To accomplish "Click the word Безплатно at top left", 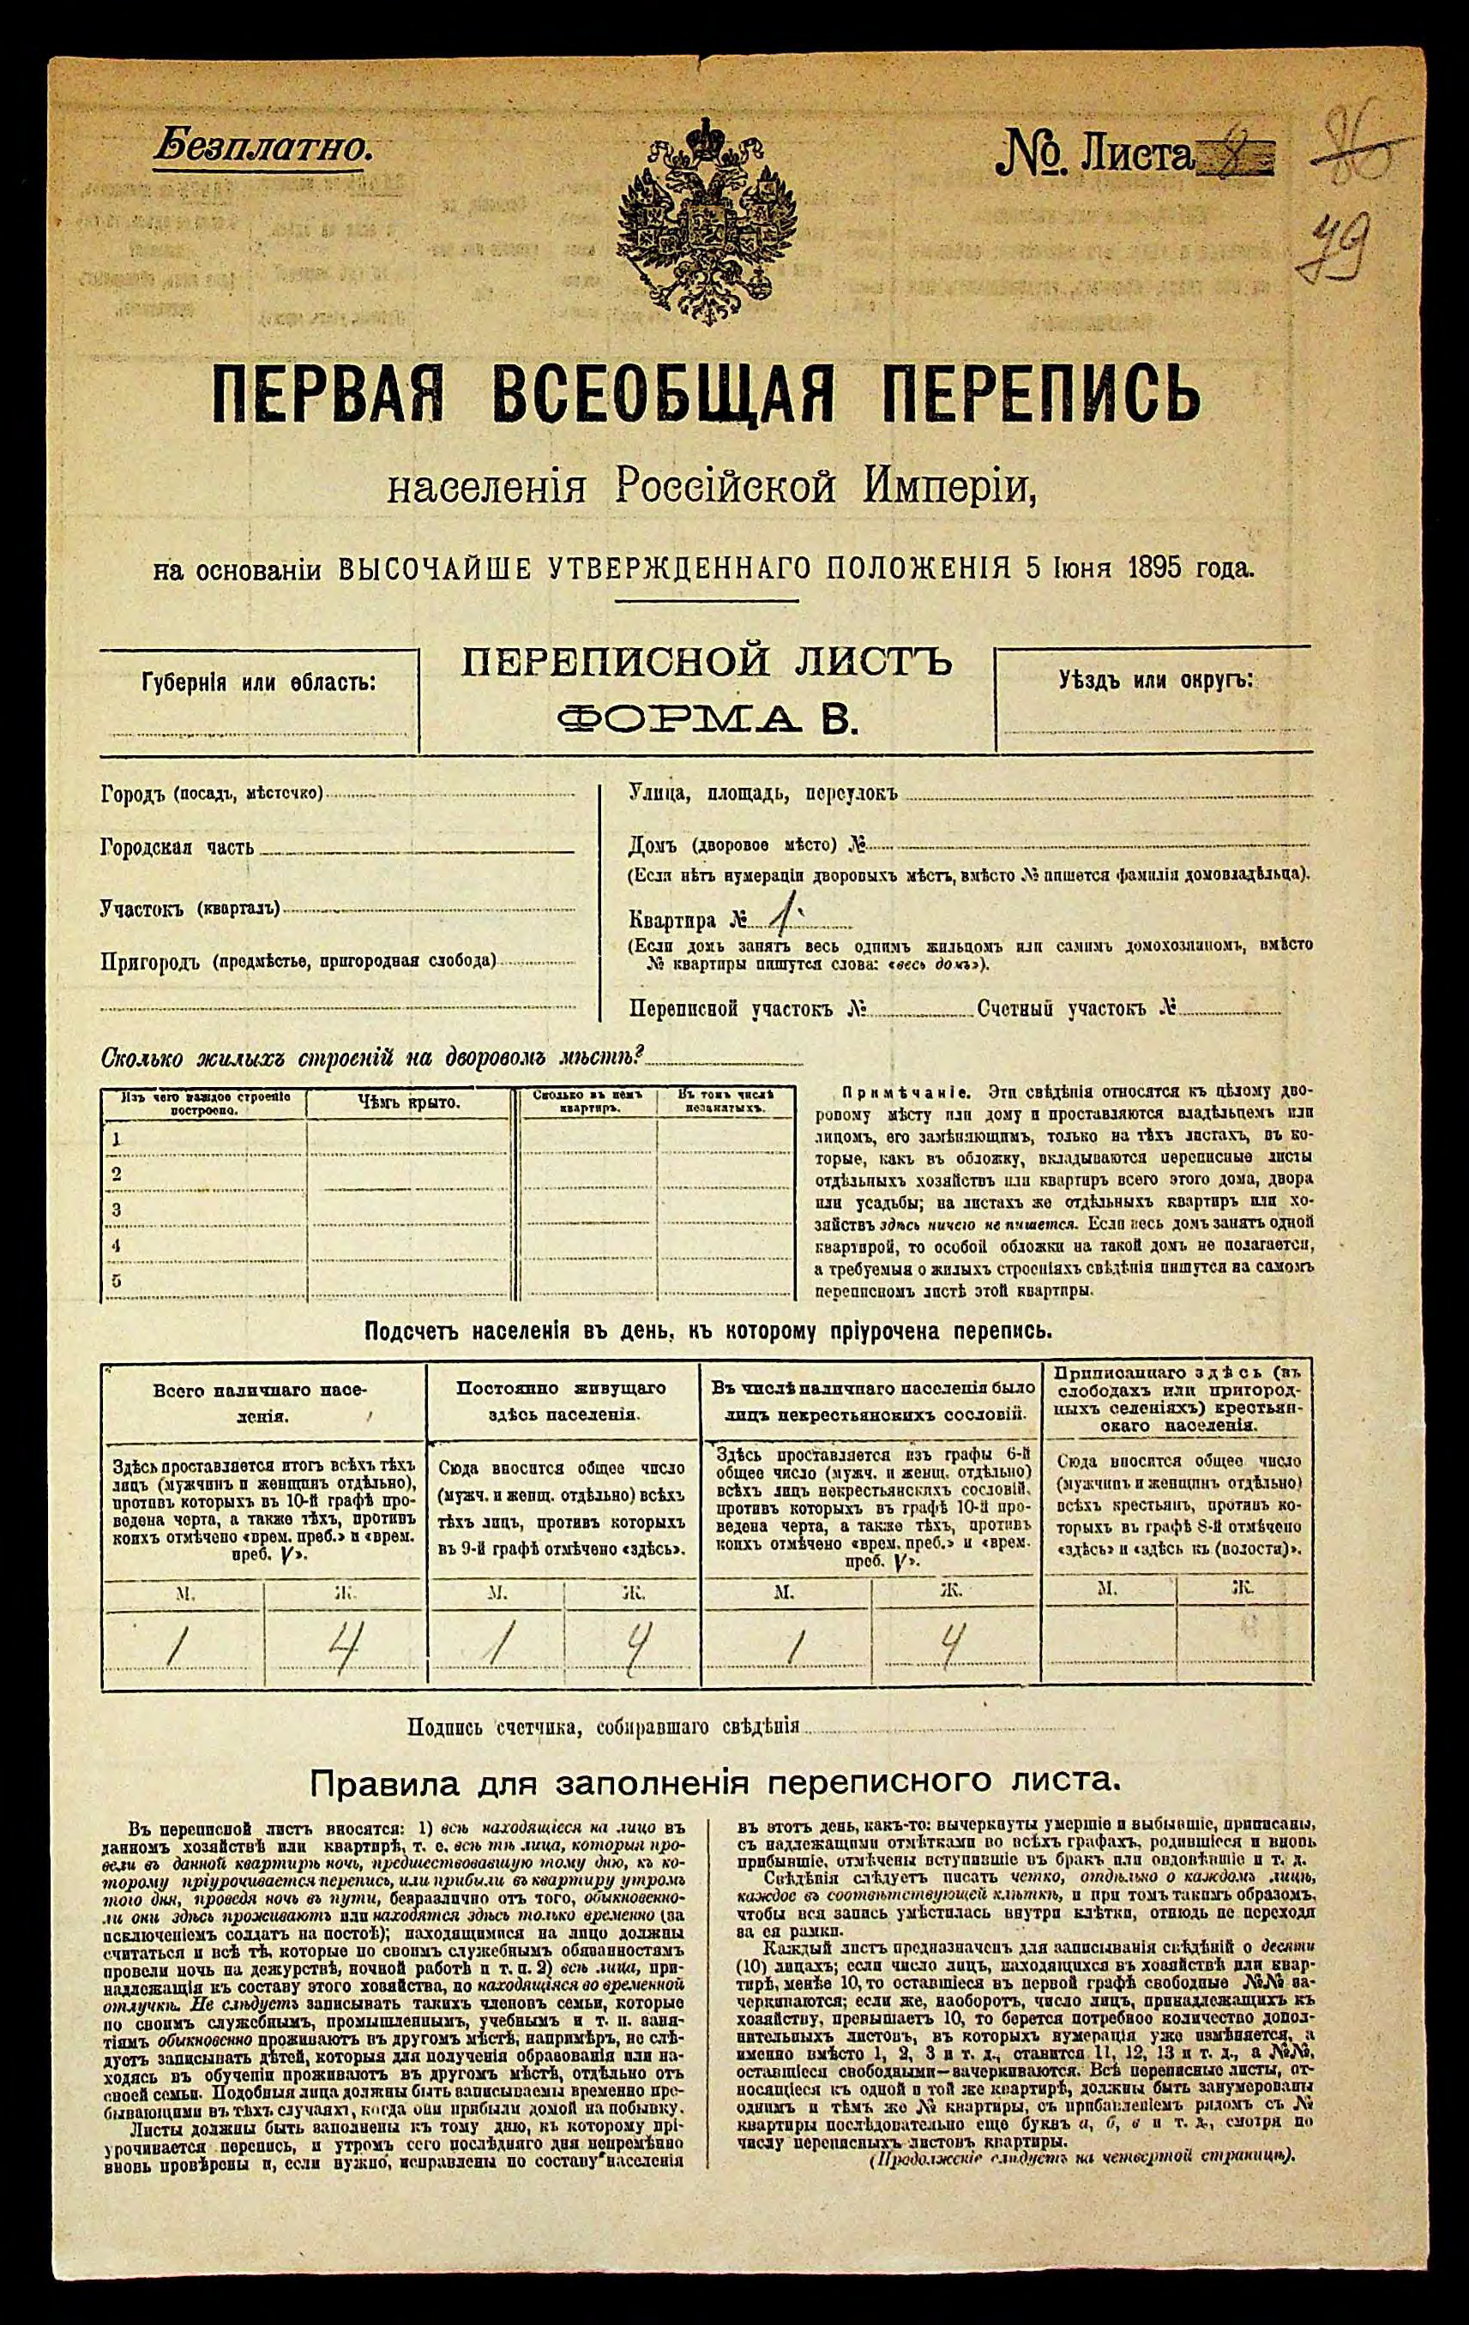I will point(261,147).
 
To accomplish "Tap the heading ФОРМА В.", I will point(708,718).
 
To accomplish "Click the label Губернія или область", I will point(258,683).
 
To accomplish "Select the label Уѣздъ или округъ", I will point(1155,679).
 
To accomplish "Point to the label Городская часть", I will point(177,848).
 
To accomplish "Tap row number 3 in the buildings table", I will point(117,1210).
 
